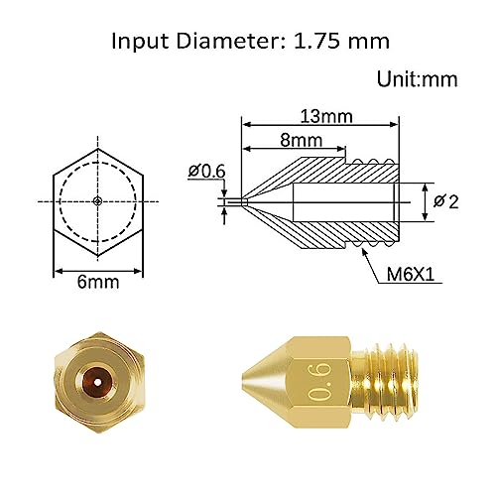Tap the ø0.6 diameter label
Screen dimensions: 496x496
(205, 172)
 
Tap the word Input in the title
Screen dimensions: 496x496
(138, 42)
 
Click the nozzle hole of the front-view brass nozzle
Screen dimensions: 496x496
(93, 379)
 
